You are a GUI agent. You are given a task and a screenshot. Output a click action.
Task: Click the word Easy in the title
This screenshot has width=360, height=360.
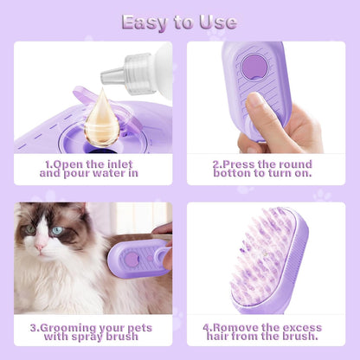144,22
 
